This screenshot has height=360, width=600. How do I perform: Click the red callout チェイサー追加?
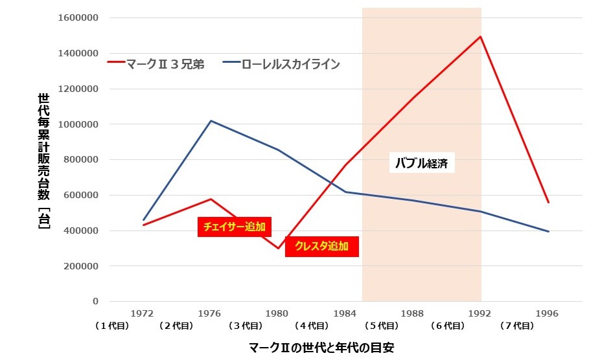pos(234,227)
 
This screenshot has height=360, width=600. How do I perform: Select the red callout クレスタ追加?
pos(322,246)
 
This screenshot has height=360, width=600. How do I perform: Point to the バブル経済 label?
pos(424,163)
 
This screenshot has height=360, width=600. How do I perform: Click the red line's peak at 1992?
pos(480,37)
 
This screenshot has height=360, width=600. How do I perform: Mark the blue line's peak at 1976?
pos(211,121)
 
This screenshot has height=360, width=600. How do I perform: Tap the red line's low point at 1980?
pos(278,248)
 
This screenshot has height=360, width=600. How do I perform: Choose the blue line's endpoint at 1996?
pos(548,231)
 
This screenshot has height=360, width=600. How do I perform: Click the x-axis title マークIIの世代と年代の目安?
pos(322,348)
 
